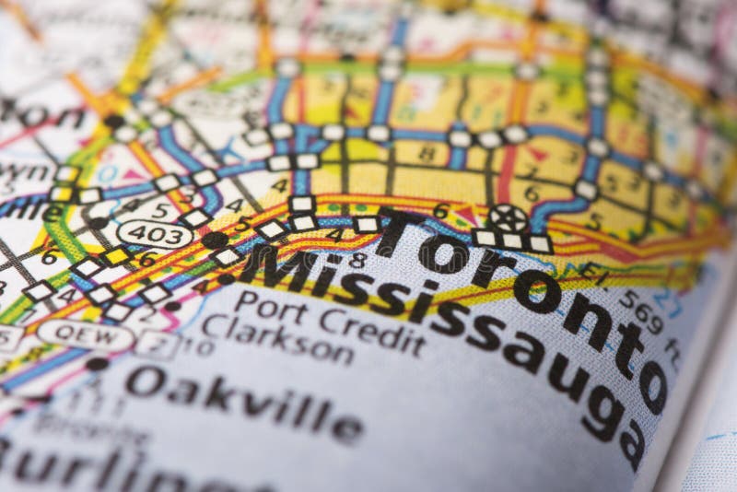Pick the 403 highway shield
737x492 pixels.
coord(154,234)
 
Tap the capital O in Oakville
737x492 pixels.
coord(146,380)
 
